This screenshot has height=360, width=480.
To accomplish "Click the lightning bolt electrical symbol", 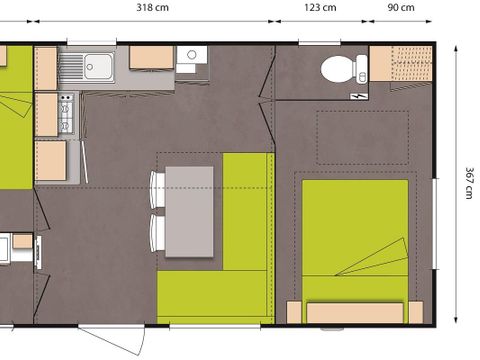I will click(x=360, y=95).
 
